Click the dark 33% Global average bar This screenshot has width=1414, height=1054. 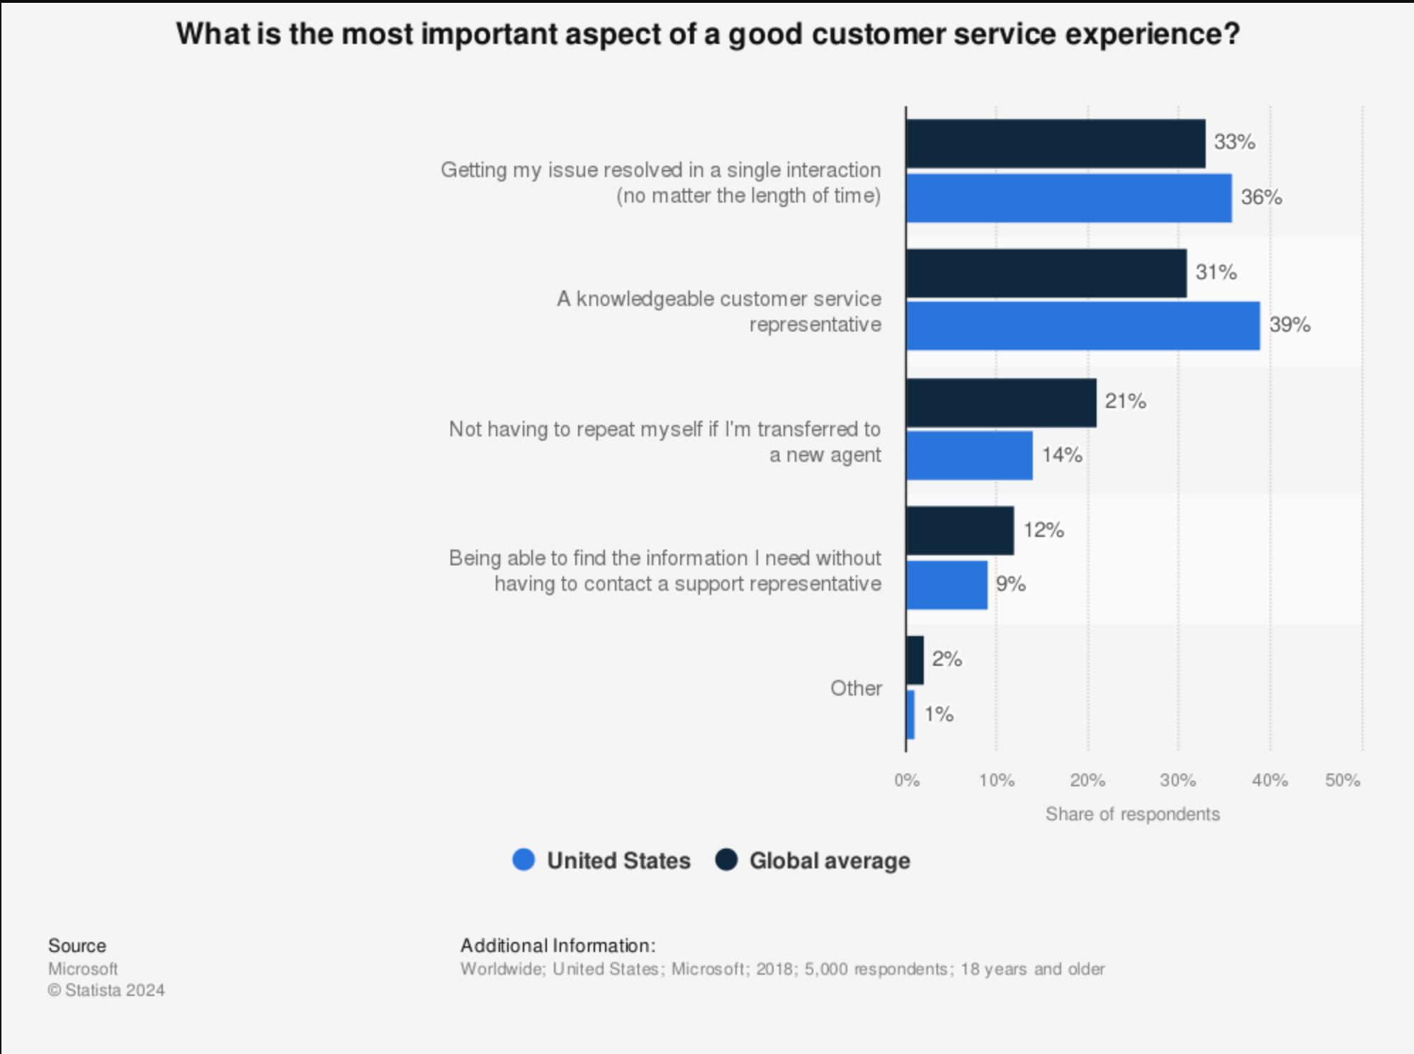click(x=1056, y=144)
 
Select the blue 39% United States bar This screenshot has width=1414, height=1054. click(x=1083, y=326)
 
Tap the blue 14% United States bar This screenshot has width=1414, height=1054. click(x=969, y=455)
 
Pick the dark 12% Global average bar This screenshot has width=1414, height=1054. click(x=960, y=531)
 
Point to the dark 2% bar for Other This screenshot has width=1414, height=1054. click(x=915, y=660)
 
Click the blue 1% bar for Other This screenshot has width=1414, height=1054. click(x=911, y=715)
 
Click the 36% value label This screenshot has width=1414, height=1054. click(x=1261, y=198)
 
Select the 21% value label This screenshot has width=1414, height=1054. click(x=1125, y=402)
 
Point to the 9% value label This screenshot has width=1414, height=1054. click(x=1010, y=584)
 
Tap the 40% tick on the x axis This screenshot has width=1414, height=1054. click(x=1269, y=781)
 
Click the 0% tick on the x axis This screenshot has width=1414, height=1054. click(x=907, y=781)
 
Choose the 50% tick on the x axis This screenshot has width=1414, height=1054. click(x=1342, y=781)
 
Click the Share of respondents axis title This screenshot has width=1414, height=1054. click(x=1132, y=815)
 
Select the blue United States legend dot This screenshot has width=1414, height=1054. click(x=524, y=860)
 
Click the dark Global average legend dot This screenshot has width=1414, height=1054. click(x=726, y=860)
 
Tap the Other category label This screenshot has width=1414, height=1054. click(x=856, y=688)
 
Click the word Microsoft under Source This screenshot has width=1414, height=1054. click(x=83, y=969)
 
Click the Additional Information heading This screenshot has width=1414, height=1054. click(x=558, y=946)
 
